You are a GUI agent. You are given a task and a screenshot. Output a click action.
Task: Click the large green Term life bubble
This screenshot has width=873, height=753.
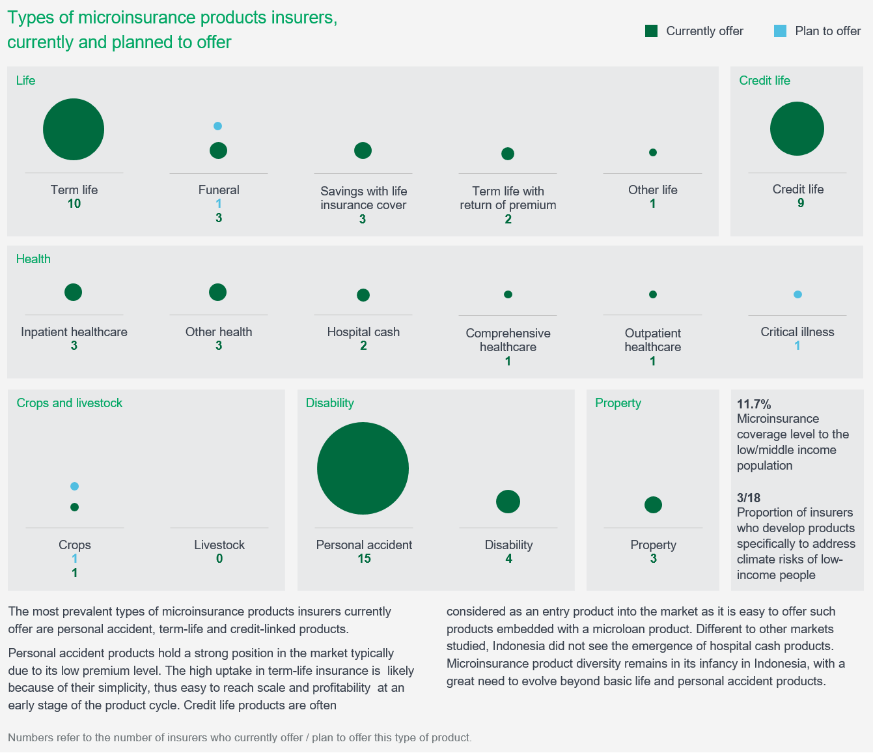click(x=74, y=129)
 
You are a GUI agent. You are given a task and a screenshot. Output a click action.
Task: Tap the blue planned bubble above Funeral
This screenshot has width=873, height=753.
click(x=218, y=126)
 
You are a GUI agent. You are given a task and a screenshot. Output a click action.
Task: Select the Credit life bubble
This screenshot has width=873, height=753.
click(x=797, y=129)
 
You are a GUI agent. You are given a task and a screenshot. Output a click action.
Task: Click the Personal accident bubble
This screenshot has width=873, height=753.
click(x=363, y=468)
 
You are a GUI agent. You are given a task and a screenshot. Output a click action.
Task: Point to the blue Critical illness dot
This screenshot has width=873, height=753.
click(x=797, y=294)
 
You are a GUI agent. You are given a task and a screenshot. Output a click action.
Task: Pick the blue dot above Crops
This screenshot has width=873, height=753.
click(x=74, y=486)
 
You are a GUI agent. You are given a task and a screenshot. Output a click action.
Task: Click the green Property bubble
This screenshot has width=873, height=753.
click(x=653, y=505)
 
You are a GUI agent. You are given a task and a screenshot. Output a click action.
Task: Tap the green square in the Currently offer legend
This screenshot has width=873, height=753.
click(x=651, y=31)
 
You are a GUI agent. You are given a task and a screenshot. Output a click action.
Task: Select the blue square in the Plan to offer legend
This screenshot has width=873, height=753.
click(x=780, y=31)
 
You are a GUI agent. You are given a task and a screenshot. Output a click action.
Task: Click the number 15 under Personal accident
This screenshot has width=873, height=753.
click(x=364, y=559)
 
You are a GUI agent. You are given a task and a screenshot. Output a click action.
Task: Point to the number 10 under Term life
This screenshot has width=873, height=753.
click(x=74, y=204)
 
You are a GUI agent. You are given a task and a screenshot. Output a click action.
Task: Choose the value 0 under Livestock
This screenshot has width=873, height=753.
click(x=219, y=559)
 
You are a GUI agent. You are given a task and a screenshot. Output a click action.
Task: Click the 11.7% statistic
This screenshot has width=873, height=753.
click(x=754, y=404)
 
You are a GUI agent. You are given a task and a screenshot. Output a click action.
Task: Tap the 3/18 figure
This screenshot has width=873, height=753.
click(x=749, y=498)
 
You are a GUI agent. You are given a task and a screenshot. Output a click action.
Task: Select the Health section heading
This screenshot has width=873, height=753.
click(x=33, y=259)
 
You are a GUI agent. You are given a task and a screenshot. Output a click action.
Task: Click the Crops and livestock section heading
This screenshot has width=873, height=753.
click(x=70, y=403)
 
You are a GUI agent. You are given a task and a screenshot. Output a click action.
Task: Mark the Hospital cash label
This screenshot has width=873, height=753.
click(x=363, y=332)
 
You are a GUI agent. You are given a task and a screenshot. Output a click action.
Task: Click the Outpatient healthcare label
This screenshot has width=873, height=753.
click(x=653, y=340)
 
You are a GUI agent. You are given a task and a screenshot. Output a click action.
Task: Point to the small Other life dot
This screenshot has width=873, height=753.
click(x=653, y=152)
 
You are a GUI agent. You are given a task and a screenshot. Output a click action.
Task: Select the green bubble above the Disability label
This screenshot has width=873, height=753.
click(x=508, y=502)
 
